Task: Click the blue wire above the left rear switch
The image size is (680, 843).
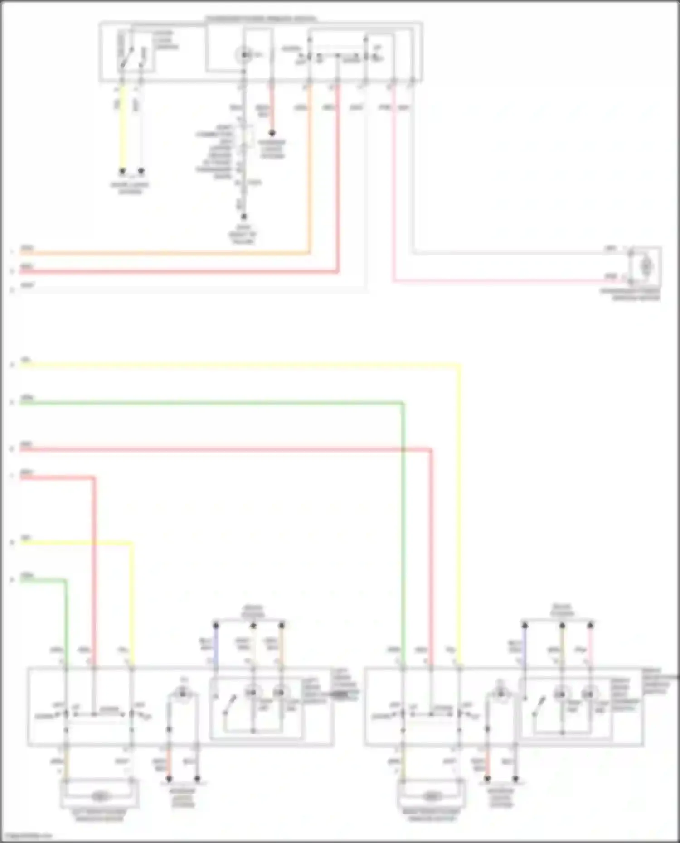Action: (x=216, y=648)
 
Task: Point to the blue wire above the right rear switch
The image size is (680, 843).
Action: (x=525, y=648)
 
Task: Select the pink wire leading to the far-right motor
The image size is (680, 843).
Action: (x=499, y=281)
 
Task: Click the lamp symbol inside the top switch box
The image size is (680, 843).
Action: (x=244, y=55)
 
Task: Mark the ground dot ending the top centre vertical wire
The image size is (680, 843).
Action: (x=243, y=217)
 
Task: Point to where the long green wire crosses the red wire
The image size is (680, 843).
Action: (x=403, y=450)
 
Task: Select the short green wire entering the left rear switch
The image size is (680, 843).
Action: (x=66, y=621)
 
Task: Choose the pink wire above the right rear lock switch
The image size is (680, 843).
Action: (x=590, y=648)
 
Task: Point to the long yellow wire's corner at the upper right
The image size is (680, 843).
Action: (x=460, y=364)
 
